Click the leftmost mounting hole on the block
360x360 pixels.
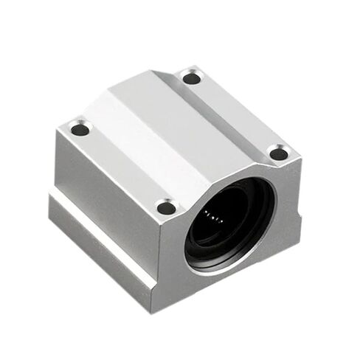pyautogui.click(x=80, y=130)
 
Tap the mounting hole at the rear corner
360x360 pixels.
pyautogui.click(x=191, y=77)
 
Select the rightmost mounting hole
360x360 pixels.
pyautogui.click(x=277, y=154)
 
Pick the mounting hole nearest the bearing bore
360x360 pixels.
pyautogui.click(x=167, y=207)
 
